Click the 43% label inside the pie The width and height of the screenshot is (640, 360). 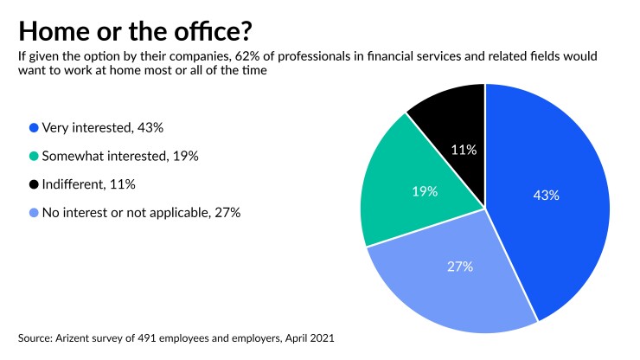click(546, 196)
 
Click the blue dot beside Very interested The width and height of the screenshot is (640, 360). click(33, 128)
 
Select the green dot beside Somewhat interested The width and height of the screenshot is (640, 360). click(33, 156)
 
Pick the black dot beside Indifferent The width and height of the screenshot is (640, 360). click(33, 184)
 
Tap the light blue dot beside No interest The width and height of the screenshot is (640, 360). click(33, 212)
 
